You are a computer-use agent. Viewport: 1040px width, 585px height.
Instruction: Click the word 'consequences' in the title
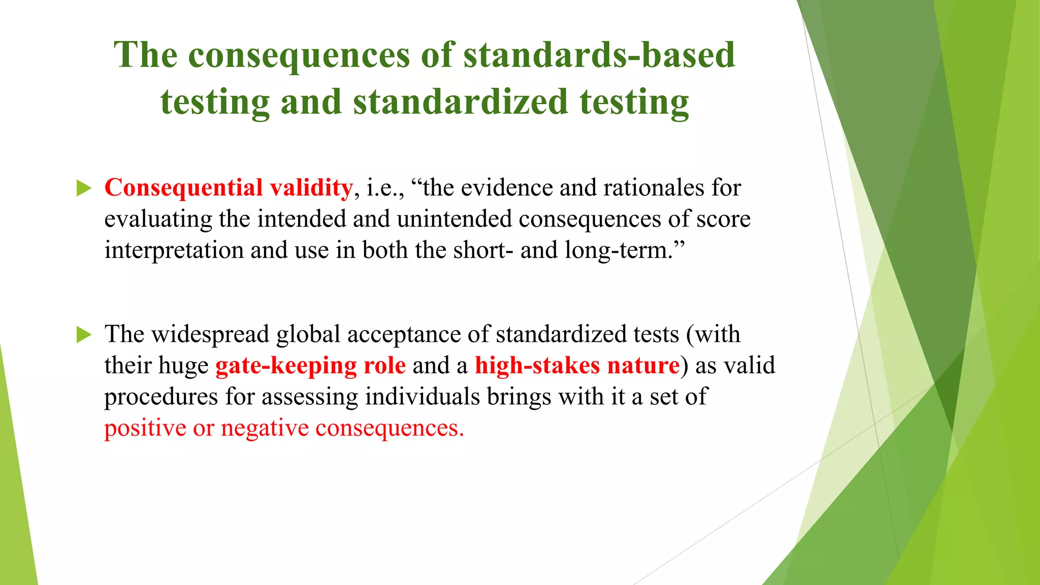coord(299,55)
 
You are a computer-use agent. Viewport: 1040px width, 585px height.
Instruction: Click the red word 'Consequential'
coord(183,188)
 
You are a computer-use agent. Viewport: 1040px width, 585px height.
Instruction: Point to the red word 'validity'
coord(311,188)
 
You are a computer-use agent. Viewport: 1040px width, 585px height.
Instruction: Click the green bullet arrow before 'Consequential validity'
coord(84,188)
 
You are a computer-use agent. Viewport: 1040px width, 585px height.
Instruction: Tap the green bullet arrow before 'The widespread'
coord(84,335)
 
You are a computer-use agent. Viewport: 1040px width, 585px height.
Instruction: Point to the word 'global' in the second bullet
coord(308,335)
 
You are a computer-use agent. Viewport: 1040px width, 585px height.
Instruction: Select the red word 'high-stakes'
coord(537,366)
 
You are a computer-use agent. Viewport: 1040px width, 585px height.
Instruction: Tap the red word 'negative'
coord(265,428)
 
